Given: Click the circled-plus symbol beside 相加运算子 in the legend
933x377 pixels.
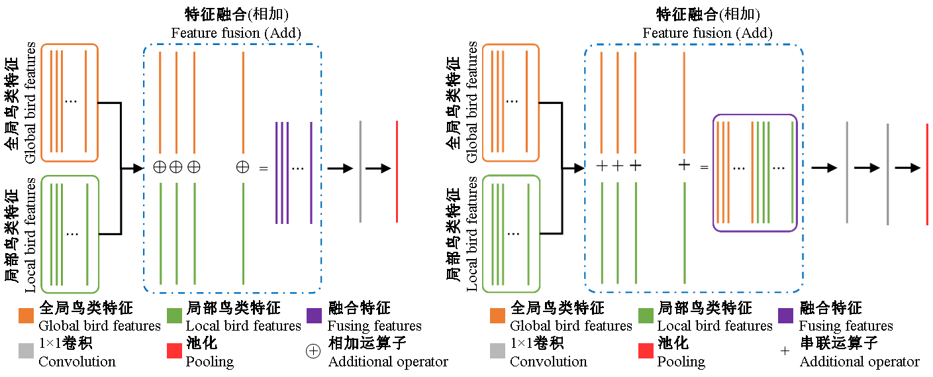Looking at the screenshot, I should (313, 352).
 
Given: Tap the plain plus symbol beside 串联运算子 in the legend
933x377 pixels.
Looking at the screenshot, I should (785, 352).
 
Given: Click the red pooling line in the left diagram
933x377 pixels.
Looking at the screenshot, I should (397, 172).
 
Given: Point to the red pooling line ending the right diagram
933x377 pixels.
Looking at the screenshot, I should (927, 174).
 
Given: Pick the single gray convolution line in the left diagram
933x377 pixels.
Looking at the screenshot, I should (360, 172).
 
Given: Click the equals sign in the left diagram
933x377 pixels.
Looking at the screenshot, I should (264, 168).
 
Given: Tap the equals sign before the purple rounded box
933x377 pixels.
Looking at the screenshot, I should (704, 167).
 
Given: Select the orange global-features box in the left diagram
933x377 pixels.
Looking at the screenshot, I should (70, 103).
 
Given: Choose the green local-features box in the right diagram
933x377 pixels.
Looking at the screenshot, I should (511, 233).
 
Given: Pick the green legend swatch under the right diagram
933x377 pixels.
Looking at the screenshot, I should (646, 316).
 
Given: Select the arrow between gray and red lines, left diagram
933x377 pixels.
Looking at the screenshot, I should (378, 168).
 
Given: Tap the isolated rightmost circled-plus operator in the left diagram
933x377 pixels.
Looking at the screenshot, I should (243, 168).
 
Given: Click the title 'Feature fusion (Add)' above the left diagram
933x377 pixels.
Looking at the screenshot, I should (236, 32).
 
